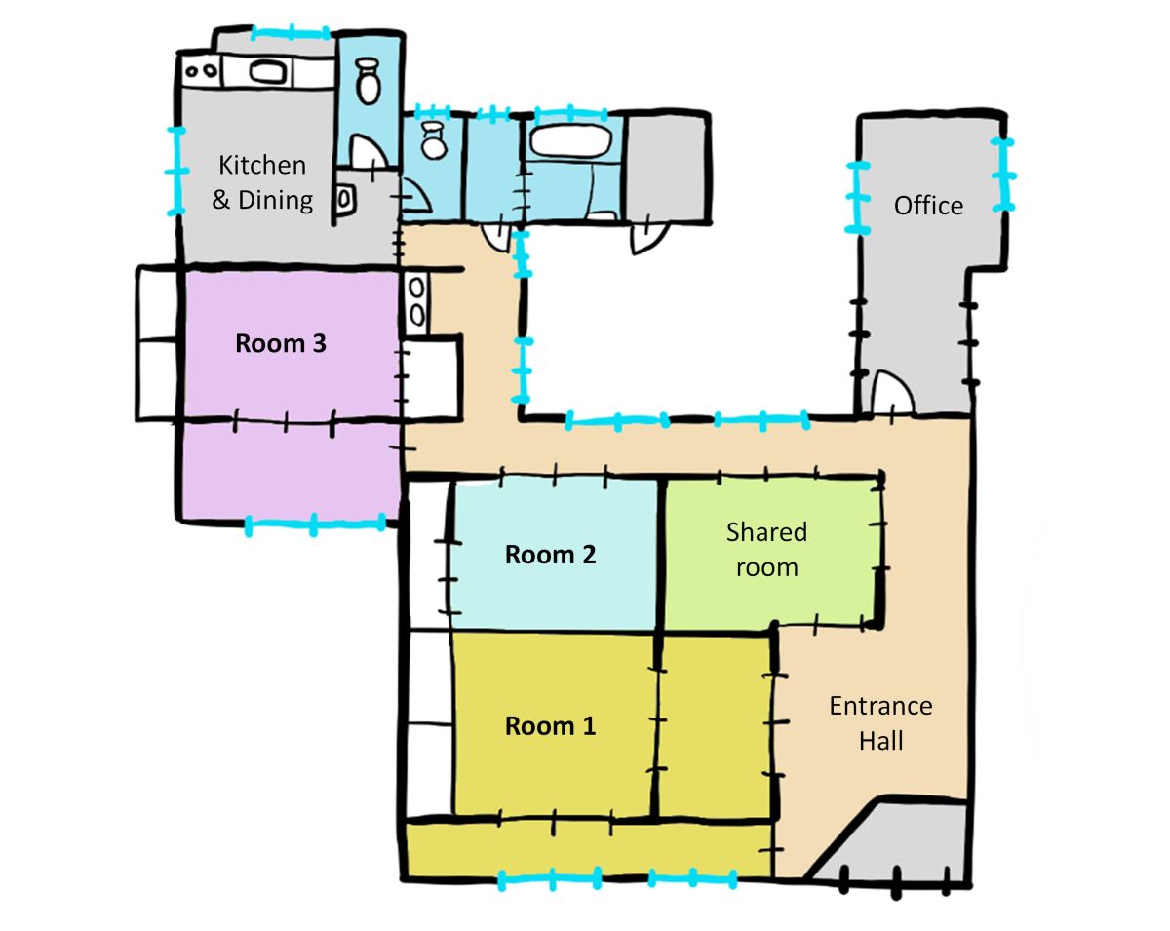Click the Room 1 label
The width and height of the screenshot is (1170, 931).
coord(550,726)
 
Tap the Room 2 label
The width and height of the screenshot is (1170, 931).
coord(550,555)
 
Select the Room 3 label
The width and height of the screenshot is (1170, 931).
coord(280,343)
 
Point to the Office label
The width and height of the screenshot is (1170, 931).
coord(928,206)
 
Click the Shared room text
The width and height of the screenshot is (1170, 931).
coord(767,549)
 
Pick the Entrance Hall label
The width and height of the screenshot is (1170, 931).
coord(880,722)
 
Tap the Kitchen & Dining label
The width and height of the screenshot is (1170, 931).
coord(262,182)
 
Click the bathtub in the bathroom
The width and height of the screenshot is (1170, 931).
coord(569,142)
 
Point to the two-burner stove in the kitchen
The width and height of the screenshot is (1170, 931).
coord(201,70)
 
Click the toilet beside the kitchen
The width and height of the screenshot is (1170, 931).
coord(369,80)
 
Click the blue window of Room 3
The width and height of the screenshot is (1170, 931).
coord(315,524)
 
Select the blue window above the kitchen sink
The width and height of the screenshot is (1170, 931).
coord(291,34)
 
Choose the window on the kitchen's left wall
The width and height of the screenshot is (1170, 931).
coord(176,172)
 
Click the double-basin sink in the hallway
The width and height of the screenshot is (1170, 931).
coord(416,301)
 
